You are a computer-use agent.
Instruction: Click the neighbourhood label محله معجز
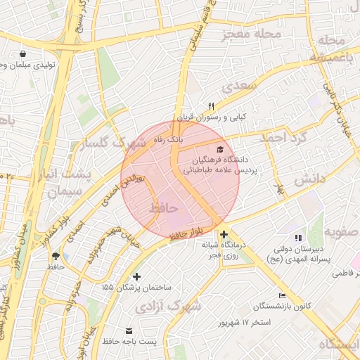point(251,33)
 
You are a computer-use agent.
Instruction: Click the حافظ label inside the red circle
point(163,209)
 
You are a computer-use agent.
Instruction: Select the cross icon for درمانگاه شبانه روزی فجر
point(224,235)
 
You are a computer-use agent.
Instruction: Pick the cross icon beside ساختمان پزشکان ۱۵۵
point(136,277)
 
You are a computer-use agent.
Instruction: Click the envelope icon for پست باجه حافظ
point(129,330)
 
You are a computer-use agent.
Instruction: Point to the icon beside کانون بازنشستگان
point(283,295)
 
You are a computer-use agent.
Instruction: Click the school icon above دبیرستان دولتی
point(297,238)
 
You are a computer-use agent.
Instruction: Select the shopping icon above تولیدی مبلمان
point(23,53)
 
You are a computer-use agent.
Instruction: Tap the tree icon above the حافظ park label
point(54,256)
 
